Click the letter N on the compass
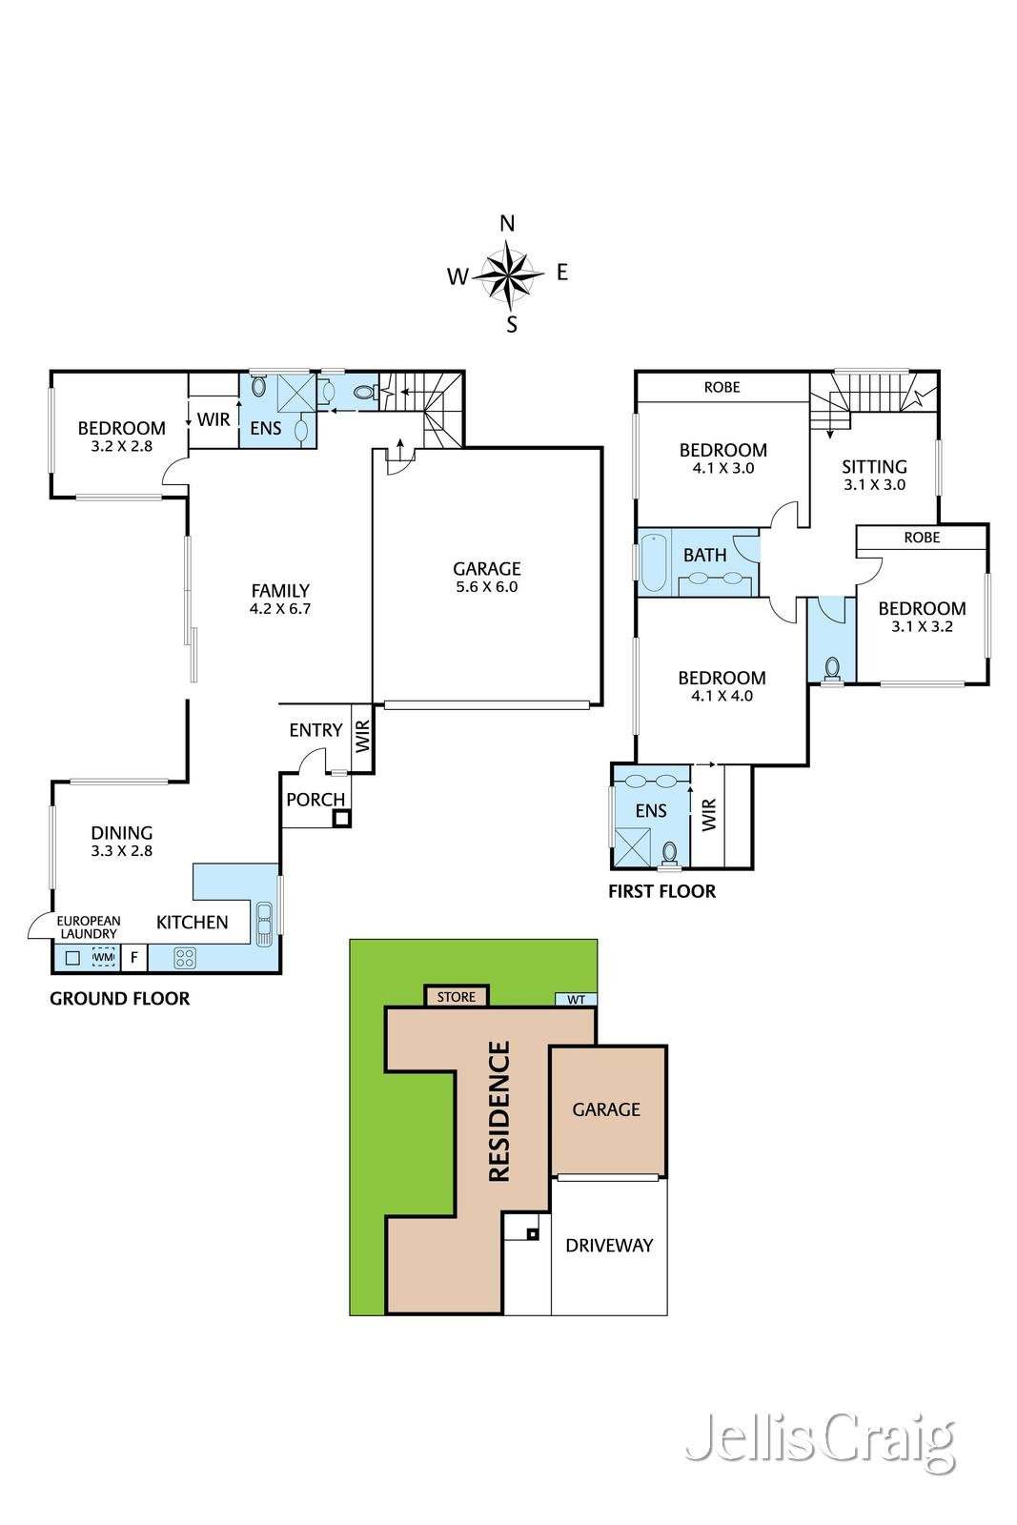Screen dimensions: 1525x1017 click(x=507, y=224)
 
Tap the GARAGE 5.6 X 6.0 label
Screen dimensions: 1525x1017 click(x=486, y=577)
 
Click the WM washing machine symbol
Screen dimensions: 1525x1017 click(x=103, y=957)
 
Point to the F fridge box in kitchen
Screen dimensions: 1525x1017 click(x=133, y=957)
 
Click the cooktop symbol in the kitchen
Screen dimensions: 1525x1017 click(x=185, y=957)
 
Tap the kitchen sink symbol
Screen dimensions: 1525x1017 click(x=264, y=923)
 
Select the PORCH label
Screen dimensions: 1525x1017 click(x=315, y=800)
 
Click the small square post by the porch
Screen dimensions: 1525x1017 click(x=341, y=817)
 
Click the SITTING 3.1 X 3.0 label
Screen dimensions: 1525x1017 click(x=874, y=474)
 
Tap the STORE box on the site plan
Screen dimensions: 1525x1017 click(x=457, y=997)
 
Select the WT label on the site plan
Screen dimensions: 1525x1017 click(x=576, y=1000)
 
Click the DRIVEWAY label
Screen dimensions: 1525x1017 click(x=609, y=1245)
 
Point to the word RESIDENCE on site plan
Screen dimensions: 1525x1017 click(x=499, y=1111)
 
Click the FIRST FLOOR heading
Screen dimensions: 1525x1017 click(x=661, y=891)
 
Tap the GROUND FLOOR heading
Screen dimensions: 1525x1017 click(x=120, y=998)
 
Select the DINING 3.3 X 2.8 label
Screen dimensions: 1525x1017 click(x=122, y=841)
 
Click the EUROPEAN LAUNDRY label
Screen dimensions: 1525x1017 click(x=88, y=927)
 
